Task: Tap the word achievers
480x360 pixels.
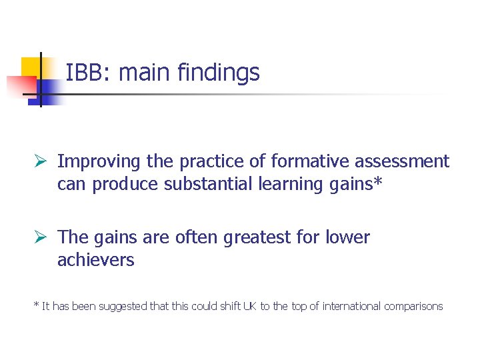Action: point(96,260)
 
